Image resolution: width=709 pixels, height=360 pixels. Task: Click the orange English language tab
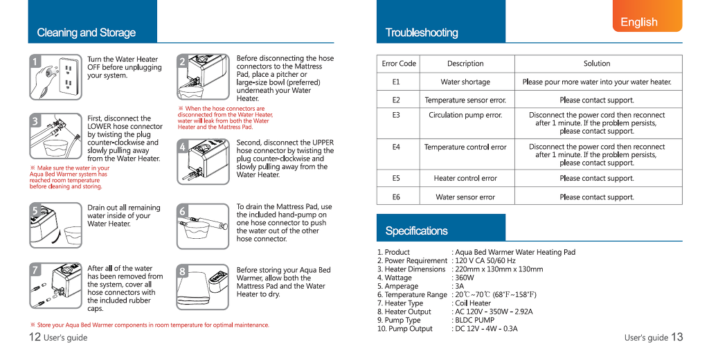pos(647,21)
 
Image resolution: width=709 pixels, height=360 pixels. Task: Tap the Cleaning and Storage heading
pos(87,33)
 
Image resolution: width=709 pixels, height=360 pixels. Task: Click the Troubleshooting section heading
pos(422,33)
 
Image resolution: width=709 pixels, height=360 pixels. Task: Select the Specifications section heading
pos(416,231)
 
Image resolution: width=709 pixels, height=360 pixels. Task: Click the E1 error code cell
pos(396,82)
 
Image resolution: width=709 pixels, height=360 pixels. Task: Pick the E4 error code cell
pos(396,147)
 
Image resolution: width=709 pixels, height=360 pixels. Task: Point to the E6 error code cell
pos(396,197)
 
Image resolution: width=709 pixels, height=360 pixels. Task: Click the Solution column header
pos(596,64)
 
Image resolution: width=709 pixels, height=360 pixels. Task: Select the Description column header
pos(465,64)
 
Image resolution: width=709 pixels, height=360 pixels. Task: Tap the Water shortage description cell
pos(465,82)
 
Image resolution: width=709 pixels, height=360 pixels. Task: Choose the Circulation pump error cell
pos(465,115)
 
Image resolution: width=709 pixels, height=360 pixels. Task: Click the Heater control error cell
pos(465,179)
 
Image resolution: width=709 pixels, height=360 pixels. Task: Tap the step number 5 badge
pos(35,210)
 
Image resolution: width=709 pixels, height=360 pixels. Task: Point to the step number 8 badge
pos(183,271)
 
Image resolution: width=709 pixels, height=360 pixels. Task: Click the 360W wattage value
pos(465,278)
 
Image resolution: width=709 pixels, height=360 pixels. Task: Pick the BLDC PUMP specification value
pos(474,321)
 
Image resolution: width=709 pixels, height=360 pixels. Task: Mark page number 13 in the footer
pos(676,337)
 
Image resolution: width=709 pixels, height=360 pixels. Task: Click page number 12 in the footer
pos(35,337)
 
